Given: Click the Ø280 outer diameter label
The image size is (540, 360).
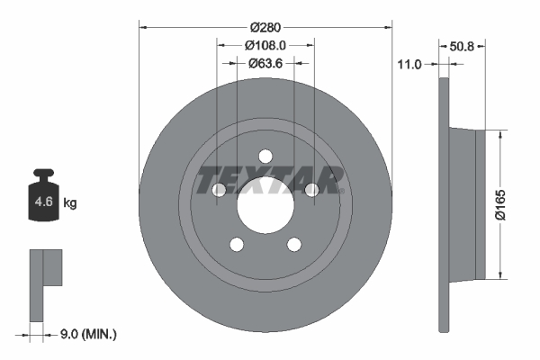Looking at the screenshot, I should click(265, 26).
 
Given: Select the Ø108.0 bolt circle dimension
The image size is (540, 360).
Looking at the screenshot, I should click(265, 44).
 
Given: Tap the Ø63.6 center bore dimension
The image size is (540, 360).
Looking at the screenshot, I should click(265, 63).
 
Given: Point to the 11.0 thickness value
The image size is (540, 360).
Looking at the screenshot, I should click(409, 64).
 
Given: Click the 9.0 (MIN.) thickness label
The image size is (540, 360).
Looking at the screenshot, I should click(87, 334).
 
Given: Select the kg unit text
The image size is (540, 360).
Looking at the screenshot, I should click(70, 202).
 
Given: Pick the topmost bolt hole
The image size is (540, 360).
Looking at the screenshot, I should click(265, 155).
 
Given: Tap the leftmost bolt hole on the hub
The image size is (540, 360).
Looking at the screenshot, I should click(219, 189).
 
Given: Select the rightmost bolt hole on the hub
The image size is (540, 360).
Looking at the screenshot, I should click(312, 189).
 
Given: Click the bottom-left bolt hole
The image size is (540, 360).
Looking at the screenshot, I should click(237, 244).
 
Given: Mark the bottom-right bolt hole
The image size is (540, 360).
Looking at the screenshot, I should click(294, 244).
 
